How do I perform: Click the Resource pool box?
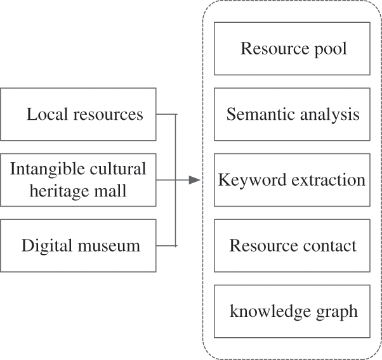click(x=292, y=49)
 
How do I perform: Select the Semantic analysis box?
click(x=292, y=114)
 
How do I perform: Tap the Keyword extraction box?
click(x=292, y=180)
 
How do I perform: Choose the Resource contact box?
click(x=292, y=245)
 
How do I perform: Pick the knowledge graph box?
click(x=292, y=311)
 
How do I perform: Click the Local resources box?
click(x=78, y=115)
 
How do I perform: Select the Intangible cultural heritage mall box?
click(x=78, y=180)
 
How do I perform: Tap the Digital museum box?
click(x=78, y=245)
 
